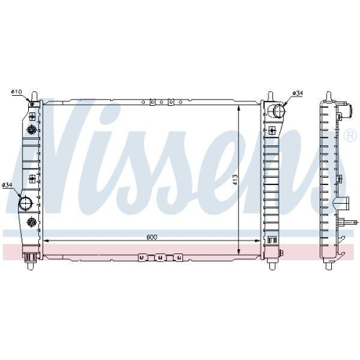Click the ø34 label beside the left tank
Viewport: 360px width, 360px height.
[x=8, y=186]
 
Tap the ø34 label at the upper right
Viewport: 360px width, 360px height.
[x=296, y=93]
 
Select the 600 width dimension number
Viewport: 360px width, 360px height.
[x=150, y=235]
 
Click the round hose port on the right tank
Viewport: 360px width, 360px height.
[x=278, y=111]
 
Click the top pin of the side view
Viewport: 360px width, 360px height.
[x=328, y=96]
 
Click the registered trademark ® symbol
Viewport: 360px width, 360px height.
[x=350, y=135]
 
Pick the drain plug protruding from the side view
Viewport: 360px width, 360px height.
[x=350, y=222]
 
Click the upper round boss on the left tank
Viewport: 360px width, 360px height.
[x=32, y=129]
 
